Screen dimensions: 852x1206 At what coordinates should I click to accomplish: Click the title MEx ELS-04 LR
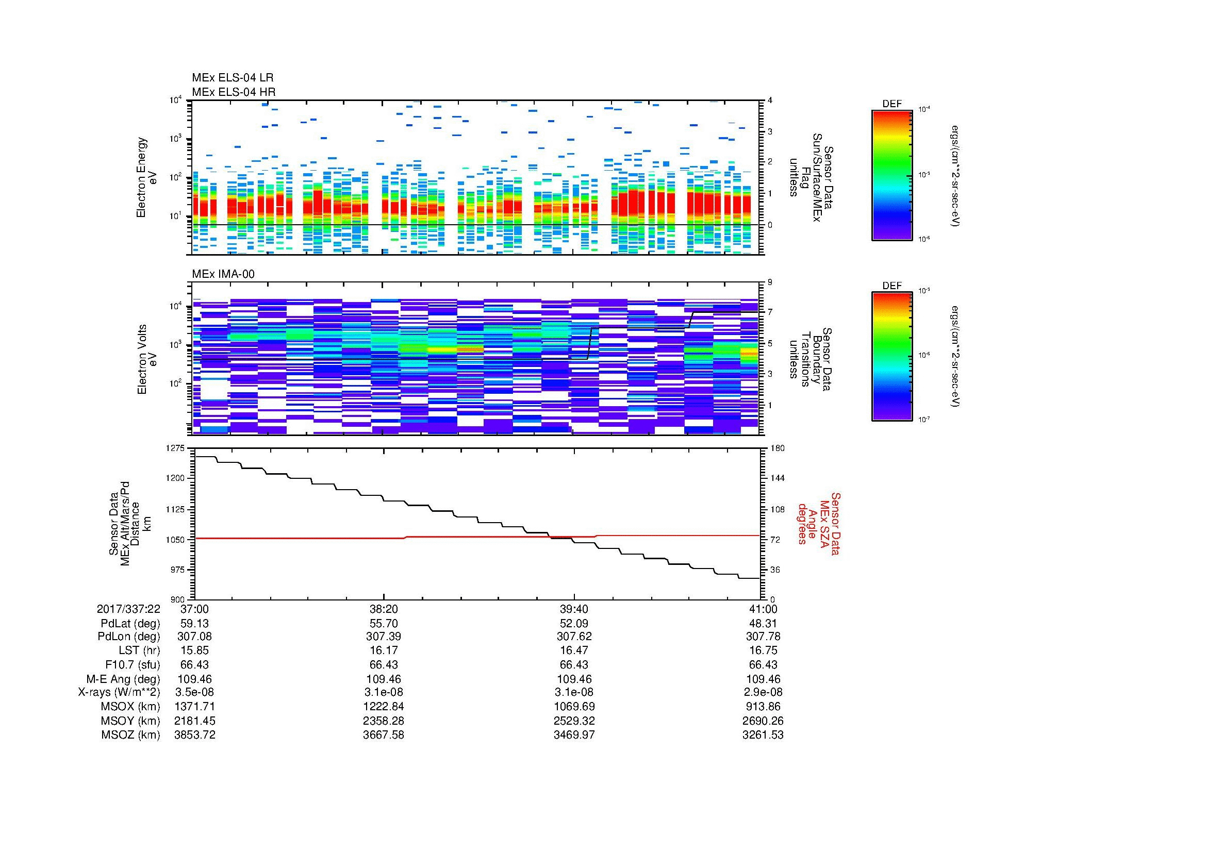tap(232, 78)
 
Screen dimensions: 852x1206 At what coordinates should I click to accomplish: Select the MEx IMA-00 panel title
tap(223, 274)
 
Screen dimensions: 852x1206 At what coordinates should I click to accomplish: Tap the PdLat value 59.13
tap(194, 624)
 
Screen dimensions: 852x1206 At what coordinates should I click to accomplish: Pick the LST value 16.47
tap(574, 651)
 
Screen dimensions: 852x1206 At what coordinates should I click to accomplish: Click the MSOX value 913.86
tap(763, 707)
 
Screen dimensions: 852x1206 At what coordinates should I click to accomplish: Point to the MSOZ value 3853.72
tap(194, 735)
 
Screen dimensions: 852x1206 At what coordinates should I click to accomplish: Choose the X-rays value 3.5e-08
tap(194, 692)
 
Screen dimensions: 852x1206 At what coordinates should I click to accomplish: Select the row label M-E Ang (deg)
tap(123, 679)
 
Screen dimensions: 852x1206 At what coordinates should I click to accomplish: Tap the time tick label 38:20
tap(384, 609)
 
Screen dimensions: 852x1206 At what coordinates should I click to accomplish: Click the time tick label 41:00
tap(763, 609)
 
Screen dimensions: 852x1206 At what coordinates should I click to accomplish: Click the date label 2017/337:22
tap(128, 609)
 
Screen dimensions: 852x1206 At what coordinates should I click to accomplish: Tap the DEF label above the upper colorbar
tap(891, 104)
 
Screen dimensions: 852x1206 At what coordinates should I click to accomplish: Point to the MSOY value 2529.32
tap(574, 721)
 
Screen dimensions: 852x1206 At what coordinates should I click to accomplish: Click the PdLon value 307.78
tap(763, 637)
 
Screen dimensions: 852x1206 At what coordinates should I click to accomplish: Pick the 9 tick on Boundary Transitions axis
tap(770, 282)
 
